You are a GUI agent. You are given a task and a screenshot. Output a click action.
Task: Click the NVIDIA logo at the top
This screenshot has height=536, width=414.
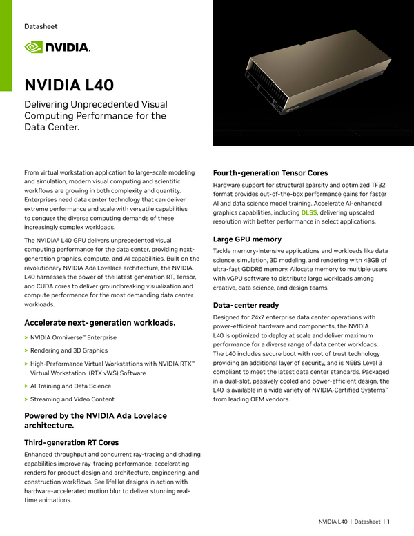pyautogui.click(x=57, y=47)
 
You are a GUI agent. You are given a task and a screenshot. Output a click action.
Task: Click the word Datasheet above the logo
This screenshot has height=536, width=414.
pyautogui.click(x=41, y=26)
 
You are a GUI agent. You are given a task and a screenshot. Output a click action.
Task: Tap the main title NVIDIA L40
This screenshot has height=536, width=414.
pyautogui.click(x=69, y=85)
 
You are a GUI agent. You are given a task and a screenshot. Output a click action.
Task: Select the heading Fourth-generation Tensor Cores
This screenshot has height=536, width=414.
pyautogui.click(x=270, y=172)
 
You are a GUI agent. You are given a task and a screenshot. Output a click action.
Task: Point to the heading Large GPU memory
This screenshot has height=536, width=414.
pyautogui.click(x=247, y=239)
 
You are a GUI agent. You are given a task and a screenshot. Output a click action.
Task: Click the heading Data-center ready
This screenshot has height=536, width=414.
pyautogui.click(x=246, y=304)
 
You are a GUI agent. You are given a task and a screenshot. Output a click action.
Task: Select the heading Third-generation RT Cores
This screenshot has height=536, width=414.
pyautogui.click(x=71, y=442)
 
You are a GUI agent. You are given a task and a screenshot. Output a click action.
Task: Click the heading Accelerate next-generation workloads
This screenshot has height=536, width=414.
pyautogui.click(x=99, y=323)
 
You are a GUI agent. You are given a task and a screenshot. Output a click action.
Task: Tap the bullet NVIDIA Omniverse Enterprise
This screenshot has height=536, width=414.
pyautogui.click(x=73, y=338)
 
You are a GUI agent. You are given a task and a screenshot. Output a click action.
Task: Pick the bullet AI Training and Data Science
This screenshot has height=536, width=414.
pyautogui.click(x=70, y=386)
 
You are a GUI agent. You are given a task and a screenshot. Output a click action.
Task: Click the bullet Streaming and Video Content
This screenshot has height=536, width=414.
pyautogui.click(x=72, y=399)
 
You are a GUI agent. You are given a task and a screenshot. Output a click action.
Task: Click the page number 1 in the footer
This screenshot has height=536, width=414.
pyautogui.click(x=388, y=522)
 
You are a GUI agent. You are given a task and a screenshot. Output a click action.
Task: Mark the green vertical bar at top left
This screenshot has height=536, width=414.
pyautogui.click(x=6, y=45)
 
